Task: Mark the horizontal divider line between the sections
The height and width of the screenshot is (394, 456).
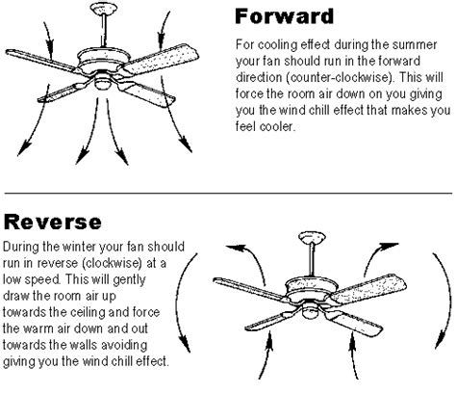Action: [x=228, y=183]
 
